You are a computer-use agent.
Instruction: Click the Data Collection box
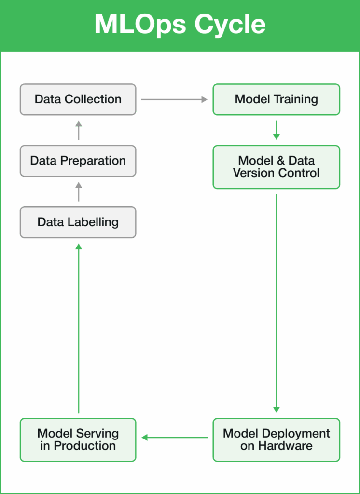78,99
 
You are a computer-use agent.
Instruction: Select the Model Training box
276,99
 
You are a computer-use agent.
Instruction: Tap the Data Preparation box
78,161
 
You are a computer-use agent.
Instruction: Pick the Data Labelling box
78,222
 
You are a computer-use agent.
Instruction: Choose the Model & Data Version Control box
276,166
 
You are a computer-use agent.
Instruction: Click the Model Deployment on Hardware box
276,439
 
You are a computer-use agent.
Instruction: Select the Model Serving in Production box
78,439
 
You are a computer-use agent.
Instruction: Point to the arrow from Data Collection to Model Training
174,99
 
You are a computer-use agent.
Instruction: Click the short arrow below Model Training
276,130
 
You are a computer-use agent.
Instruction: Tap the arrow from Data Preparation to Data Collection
79,130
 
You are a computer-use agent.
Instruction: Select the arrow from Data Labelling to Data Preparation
79,192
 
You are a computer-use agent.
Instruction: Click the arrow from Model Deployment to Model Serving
174,438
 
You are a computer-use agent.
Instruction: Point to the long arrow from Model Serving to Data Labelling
79,328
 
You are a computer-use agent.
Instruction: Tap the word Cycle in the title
232,24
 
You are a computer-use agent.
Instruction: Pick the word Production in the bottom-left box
84,446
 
